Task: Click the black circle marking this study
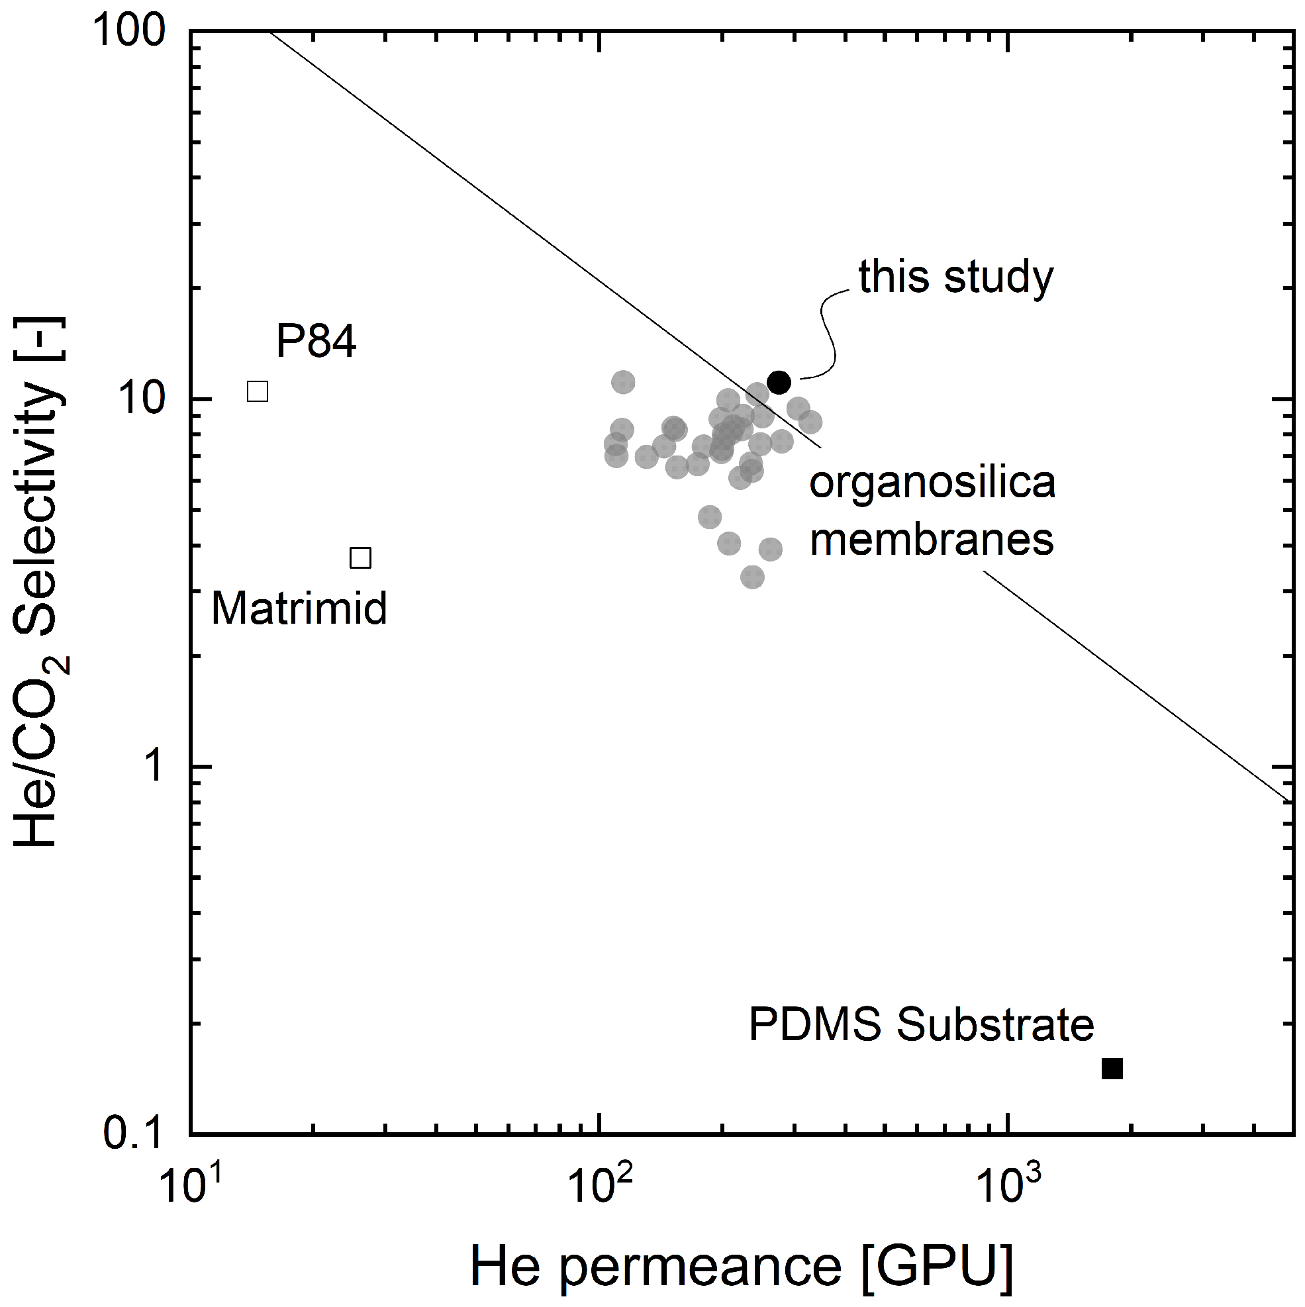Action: coord(779,382)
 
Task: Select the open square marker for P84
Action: coord(258,391)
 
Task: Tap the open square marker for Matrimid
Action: coord(361,558)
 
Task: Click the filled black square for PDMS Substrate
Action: coord(1113,1069)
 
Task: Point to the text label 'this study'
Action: coord(956,277)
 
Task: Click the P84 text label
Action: coord(316,341)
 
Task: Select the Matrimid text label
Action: coord(300,608)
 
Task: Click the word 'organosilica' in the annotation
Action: coord(932,484)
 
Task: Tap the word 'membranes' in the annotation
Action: coord(932,540)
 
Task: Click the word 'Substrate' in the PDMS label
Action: coord(995,1025)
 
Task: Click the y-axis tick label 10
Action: coord(143,400)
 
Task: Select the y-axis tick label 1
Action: coord(156,767)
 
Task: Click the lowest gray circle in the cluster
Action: coord(752,577)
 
